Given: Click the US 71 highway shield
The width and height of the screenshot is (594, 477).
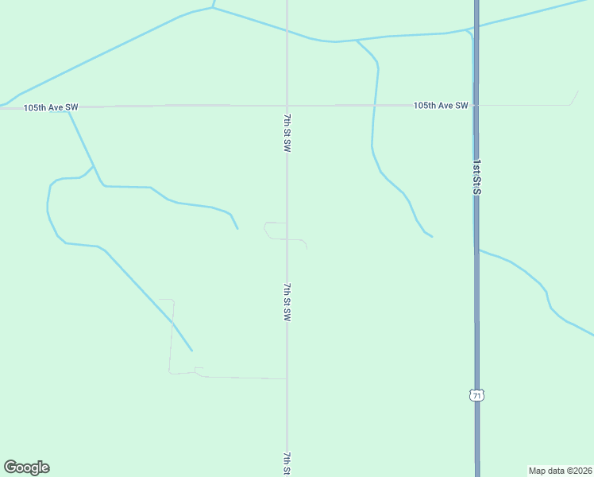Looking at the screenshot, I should (x=476, y=395).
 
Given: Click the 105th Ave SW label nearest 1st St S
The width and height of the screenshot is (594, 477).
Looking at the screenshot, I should (x=441, y=106).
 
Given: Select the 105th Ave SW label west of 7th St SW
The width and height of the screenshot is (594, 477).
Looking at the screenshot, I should (x=51, y=107).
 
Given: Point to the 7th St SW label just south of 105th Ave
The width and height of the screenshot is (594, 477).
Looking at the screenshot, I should (x=287, y=133).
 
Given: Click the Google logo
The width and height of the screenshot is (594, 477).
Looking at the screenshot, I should (x=26, y=467).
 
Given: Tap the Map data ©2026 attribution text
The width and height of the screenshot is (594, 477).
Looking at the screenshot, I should (x=561, y=470).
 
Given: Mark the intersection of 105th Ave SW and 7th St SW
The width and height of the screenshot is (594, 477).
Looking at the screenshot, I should (x=287, y=105).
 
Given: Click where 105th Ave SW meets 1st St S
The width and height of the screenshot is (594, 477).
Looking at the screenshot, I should (x=476, y=105).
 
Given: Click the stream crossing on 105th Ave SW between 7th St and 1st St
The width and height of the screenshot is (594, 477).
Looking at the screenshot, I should (x=374, y=105).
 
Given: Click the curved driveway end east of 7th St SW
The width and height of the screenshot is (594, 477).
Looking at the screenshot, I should (x=307, y=248).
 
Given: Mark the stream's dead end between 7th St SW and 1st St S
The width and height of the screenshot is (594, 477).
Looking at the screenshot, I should (x=432, y=237).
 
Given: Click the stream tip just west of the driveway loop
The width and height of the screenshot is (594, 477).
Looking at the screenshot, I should (x=237, y=229).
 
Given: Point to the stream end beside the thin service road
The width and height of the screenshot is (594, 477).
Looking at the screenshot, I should (x=191, y=351).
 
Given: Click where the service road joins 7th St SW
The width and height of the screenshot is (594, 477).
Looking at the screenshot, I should (x=287, y=378).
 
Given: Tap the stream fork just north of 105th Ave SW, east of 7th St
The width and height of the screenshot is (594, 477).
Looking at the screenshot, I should (x=357, y=40).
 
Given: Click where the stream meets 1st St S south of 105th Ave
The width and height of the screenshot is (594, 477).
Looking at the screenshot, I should (x=476, y=250).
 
